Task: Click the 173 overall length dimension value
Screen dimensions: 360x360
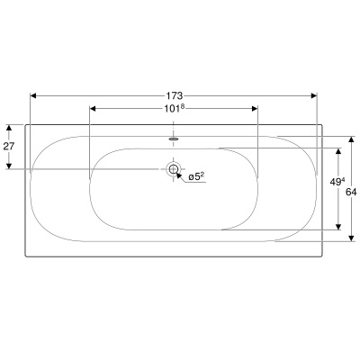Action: coord(175,94)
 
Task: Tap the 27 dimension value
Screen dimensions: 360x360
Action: coord(9,146)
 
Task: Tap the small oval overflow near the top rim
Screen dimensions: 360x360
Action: coord(174,139)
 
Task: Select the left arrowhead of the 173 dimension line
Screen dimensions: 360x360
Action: coord(33,94)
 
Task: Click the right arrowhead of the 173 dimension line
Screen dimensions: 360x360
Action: coord(315,94)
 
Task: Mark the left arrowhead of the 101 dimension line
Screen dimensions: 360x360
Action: coord(94,109)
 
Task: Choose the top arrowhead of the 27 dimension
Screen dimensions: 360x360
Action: coord(10,128)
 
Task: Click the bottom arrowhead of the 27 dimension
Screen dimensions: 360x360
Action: coord(10,166)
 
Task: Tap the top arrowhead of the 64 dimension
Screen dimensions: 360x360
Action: coord(350,140)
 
